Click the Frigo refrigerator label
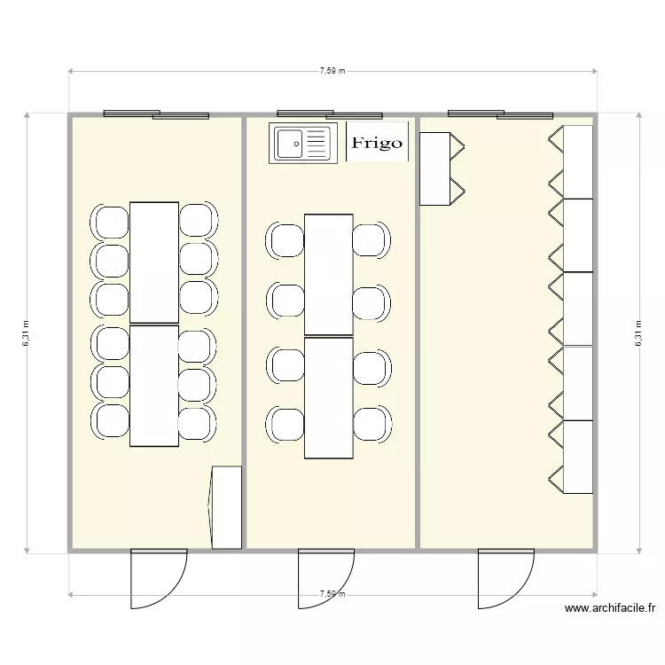pyautogui.click(x=377, y=143)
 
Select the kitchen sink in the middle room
pyautogui.click(x=302, y=143)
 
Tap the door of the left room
pyautogui.click(x=159, y=578)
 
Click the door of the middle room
pyautogui.click(x=326, y=578)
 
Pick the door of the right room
pyautogui.click(x=506, y=578)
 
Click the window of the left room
pyautogui.click(x=156, y=114)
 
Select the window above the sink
pyautogui.click(x=329, y=114)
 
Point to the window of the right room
pyautogui.click(x=501, y=114)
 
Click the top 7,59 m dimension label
pyautogui.click(x=332, y=71)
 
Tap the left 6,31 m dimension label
pyautogui.click(x=26, y=333)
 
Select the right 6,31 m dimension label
pyautogui.click(x=638, y=333)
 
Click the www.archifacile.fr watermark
pyautogui.click(x=610, y=608)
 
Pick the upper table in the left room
pyautogui.click(x=154, y=262)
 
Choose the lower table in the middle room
pyautogui.click(x=329, y=397)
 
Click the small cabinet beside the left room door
pyautogui.click(x=226, y=507)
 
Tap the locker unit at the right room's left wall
pyautogui.click(x=436, y=168)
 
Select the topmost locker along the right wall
pyautogui.click(x=577, y=161)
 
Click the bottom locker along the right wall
pyautogui.click(x=577, y=456)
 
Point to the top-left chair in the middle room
pyautogui.click(x=286, y=240)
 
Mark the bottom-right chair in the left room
pyautogui.click(x=197, y=421)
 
